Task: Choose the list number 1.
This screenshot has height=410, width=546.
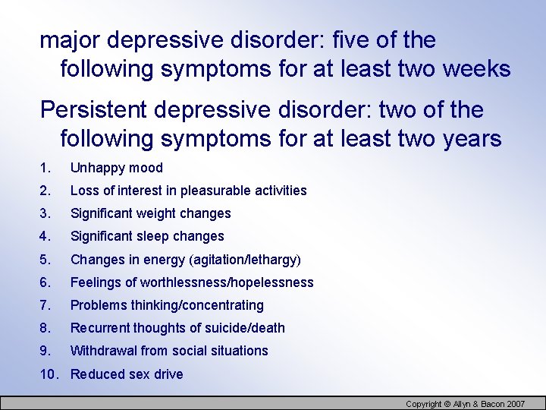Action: (45, 168)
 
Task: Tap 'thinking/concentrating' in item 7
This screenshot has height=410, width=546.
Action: (197, 305)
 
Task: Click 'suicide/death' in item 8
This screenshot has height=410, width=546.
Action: (245, 328)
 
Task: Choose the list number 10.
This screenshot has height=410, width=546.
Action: (49, 374)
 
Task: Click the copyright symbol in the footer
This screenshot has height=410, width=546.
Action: (447, 404)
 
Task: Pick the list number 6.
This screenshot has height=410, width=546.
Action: (45, 282)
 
